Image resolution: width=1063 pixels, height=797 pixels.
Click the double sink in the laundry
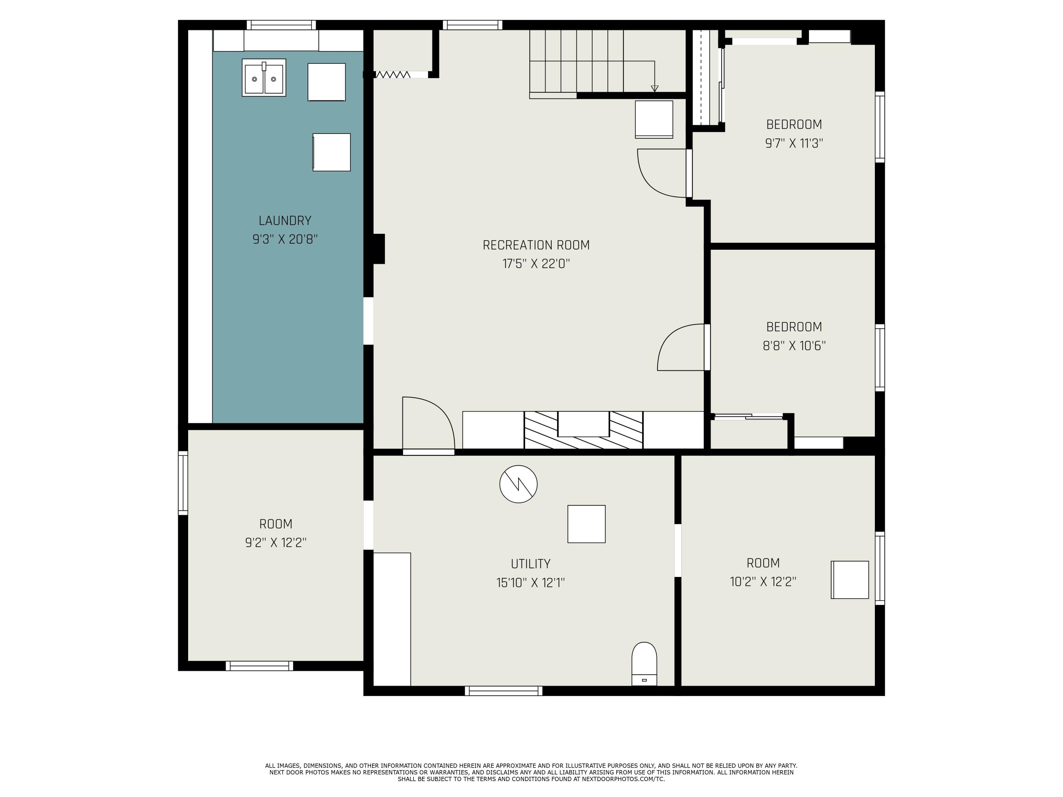(264, 78)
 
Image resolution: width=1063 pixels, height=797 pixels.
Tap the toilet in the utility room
(644, 663)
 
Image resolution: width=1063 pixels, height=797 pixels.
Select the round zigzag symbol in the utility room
(518, 484)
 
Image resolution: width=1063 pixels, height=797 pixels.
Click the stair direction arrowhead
(654, 89)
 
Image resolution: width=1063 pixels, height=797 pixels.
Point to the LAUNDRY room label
(285, 221)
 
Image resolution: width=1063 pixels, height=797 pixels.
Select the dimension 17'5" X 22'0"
(536, 264)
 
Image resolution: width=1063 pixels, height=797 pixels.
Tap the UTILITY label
(530, 564)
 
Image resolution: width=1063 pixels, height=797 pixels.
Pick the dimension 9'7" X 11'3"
(794, 143)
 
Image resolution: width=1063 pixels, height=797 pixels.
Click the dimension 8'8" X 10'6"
(794, 346)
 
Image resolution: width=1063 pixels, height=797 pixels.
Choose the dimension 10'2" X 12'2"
(763, 582)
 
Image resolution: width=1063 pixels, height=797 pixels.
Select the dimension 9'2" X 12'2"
(276, 542)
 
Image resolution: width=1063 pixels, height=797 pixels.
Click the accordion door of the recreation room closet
(393, 74)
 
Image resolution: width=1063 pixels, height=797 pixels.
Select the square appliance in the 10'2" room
(850, 580)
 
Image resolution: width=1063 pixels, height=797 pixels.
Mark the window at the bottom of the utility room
(504, 691)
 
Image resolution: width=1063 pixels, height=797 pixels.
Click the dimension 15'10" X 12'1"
(530, 583)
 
